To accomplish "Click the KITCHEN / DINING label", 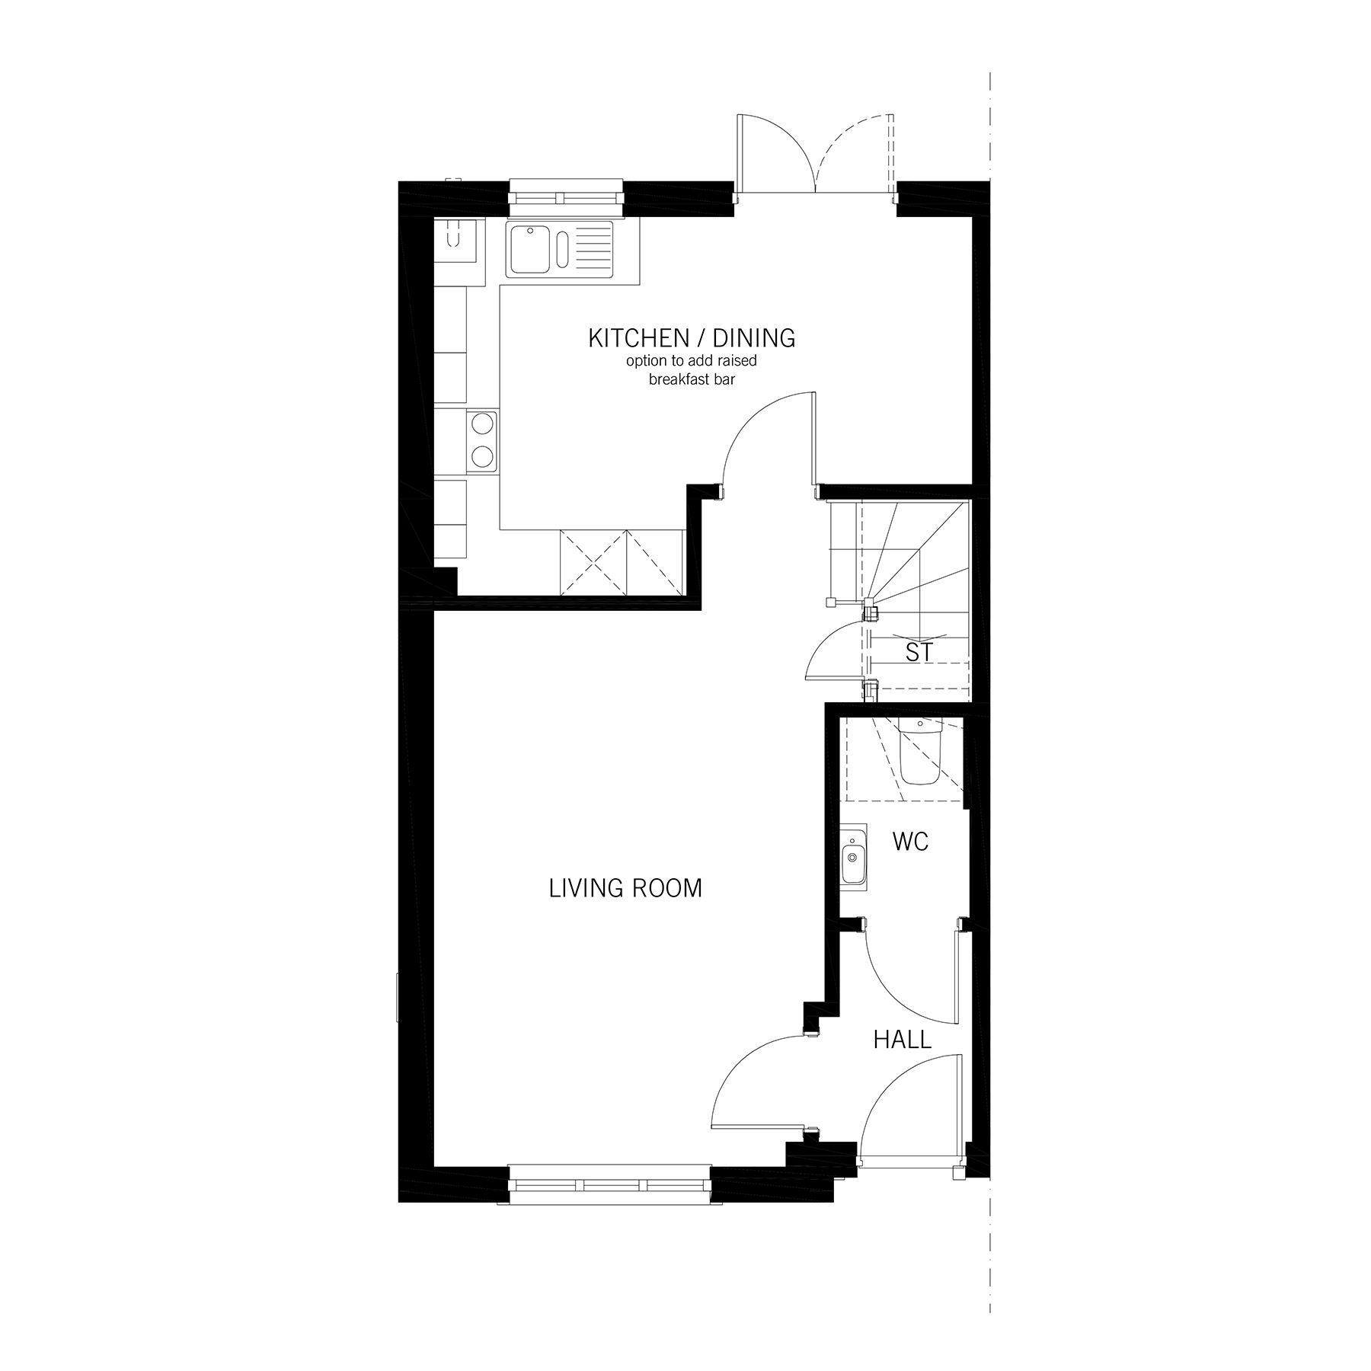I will (691, 338).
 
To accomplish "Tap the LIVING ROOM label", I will (625, 888).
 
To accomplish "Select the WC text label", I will (910, 842).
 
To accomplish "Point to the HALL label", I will (902, 1040).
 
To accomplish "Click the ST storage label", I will (919, 652).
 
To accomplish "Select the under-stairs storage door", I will (834, 651).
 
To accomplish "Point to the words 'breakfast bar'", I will (692, 379).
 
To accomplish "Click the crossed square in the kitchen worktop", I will (593, 563).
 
